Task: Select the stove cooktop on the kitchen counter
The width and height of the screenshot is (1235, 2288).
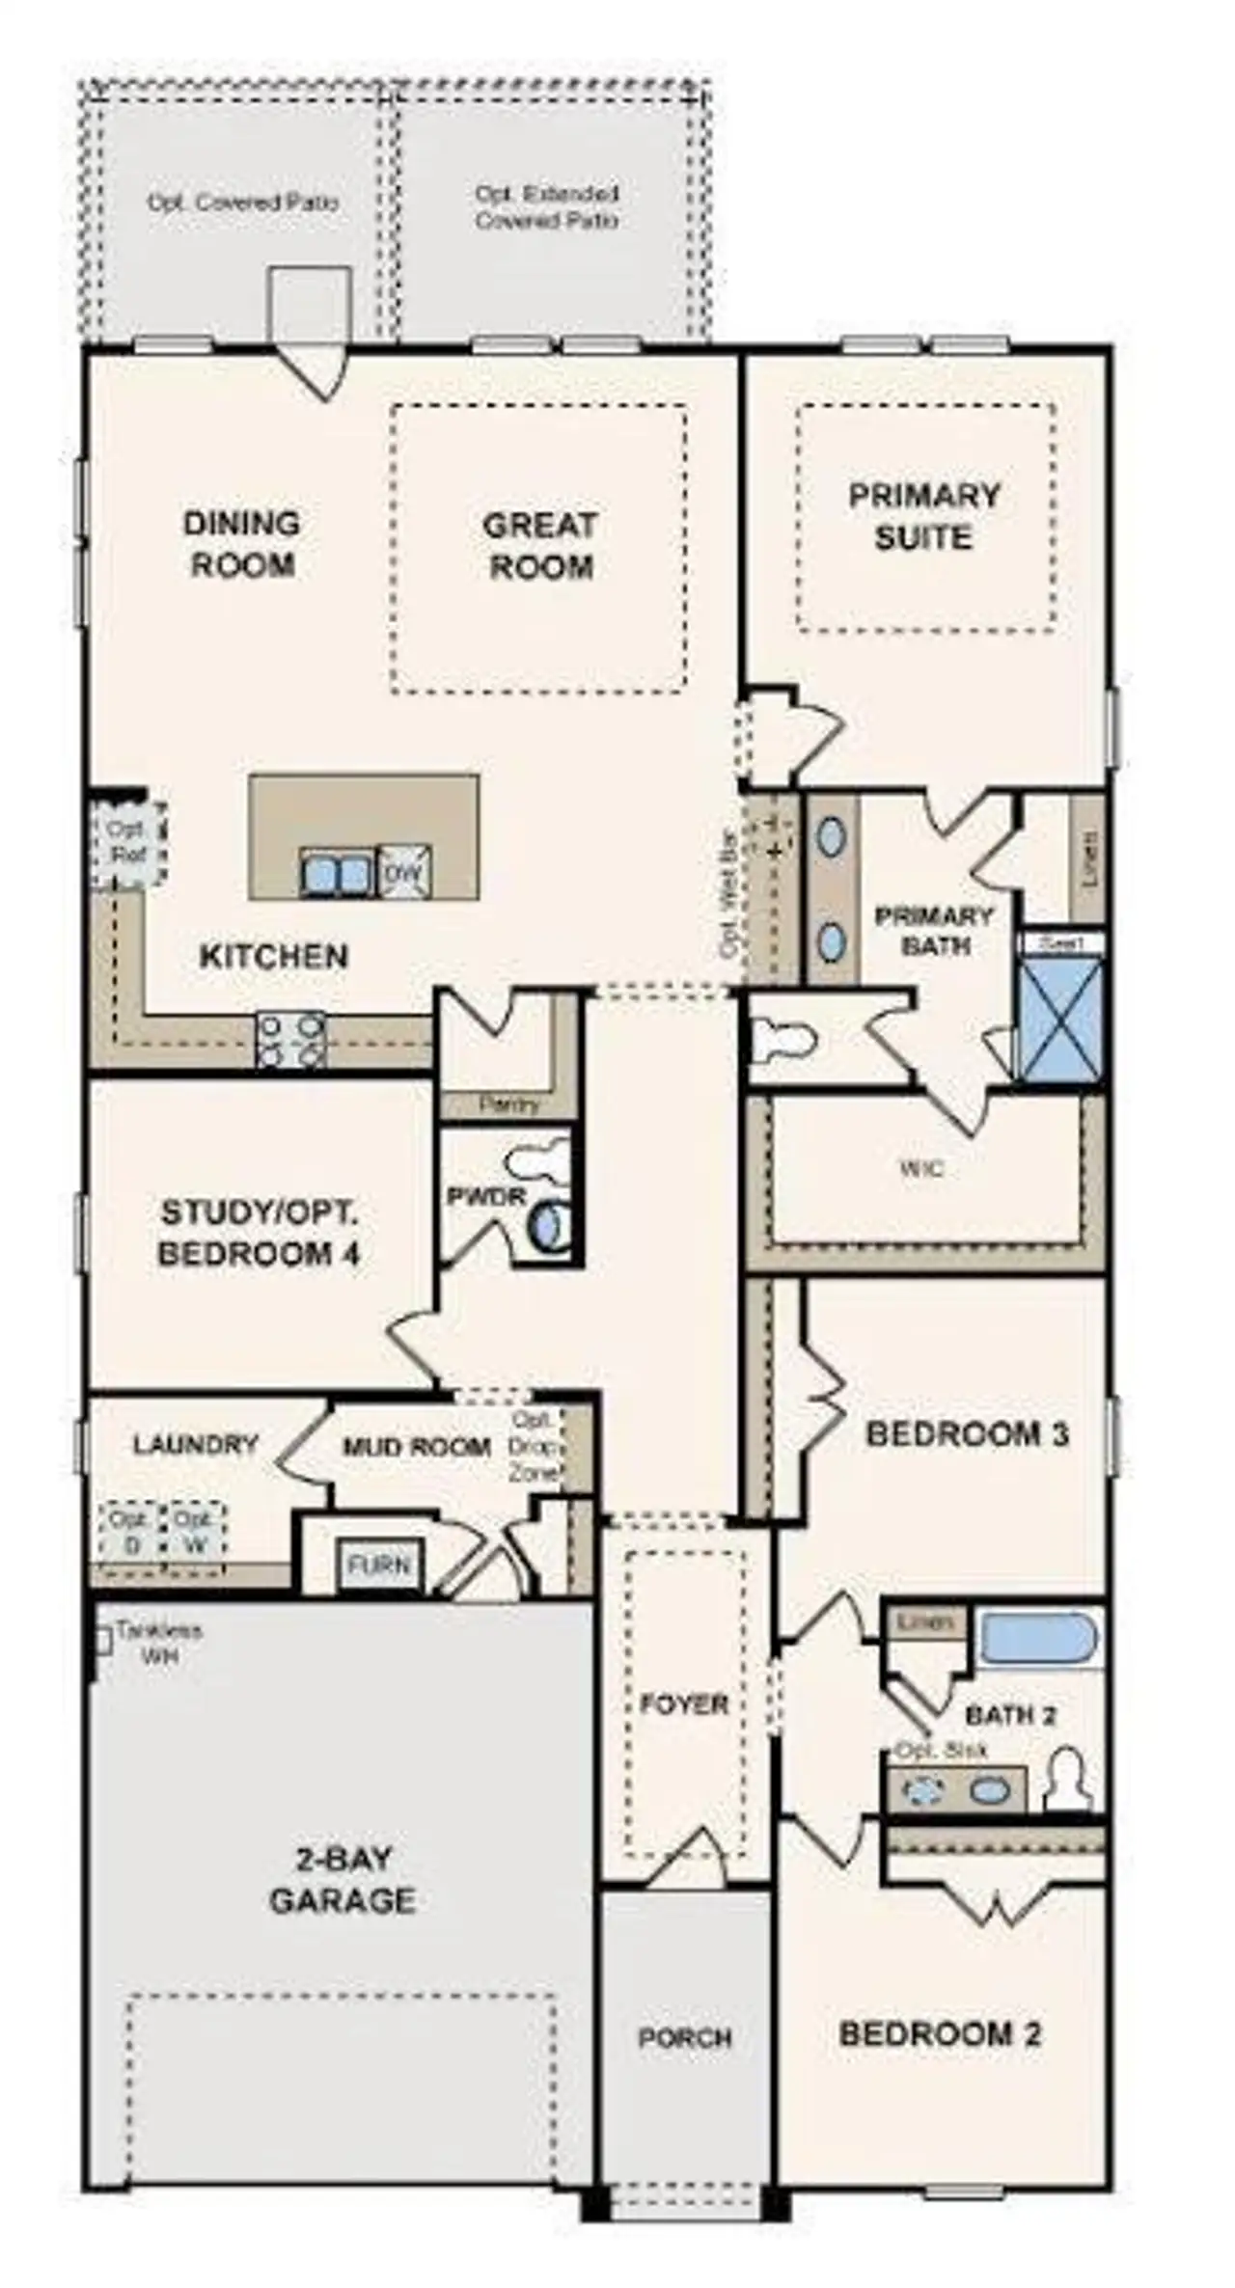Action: [290, 1040]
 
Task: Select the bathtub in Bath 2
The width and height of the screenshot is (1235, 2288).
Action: [1038, 1638]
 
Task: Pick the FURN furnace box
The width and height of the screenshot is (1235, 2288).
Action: [379, 1565]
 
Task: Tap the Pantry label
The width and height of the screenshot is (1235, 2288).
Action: [508, 1104]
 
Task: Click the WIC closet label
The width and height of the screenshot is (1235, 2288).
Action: [921, 1169]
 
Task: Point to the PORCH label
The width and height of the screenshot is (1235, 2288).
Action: [685, 2038]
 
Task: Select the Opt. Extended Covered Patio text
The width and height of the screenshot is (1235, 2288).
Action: [547, 207]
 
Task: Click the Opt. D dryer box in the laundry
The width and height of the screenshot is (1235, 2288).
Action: [129, 1531]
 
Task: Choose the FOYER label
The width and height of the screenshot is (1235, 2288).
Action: [684, 1704]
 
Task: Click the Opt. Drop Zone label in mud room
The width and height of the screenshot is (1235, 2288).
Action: [535, 1447]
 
